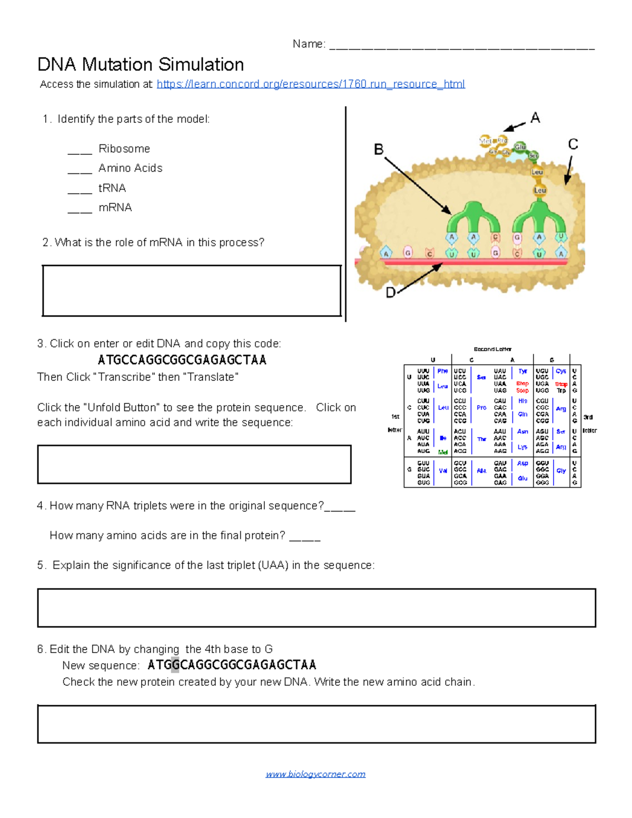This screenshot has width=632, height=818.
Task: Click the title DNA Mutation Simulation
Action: [x=141, y=65]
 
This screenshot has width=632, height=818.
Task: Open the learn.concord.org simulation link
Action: [x=310, y=84]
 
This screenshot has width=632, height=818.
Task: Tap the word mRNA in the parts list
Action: [x=115, y=208]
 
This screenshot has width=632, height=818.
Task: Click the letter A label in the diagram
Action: [x=535, y=118]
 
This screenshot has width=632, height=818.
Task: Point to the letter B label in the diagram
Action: [x=378, y=150]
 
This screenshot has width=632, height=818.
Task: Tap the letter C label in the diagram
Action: [x=573, y=144]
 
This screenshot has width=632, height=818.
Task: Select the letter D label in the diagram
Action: [x=390, y=293]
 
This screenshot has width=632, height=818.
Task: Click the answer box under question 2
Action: [x=192, y=291]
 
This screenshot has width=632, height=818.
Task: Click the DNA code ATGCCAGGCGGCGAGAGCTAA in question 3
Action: [x=182, y=360]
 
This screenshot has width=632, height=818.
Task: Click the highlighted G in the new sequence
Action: [x=175, y=665]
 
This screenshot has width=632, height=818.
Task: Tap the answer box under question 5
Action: [x=316, y=608]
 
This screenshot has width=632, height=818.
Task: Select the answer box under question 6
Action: [x=316, y=724]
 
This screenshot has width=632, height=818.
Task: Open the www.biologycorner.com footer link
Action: [x=315, y=774]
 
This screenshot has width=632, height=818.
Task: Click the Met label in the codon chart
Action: [x=443, y=452]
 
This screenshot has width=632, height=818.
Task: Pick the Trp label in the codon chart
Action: [x=561, y=391]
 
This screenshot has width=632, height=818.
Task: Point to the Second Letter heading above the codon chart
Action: [x=492, y=349]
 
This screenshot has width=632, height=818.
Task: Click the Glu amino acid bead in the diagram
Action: [x=520, y=147]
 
